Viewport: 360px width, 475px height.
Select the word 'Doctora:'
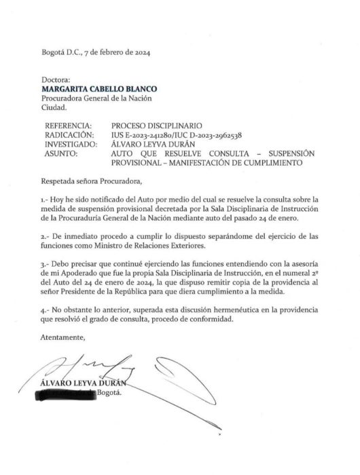(x=56, y=79)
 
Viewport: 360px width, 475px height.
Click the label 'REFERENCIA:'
(x=70, y=126)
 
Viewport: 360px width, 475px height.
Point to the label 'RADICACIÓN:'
(x=70, y=134)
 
